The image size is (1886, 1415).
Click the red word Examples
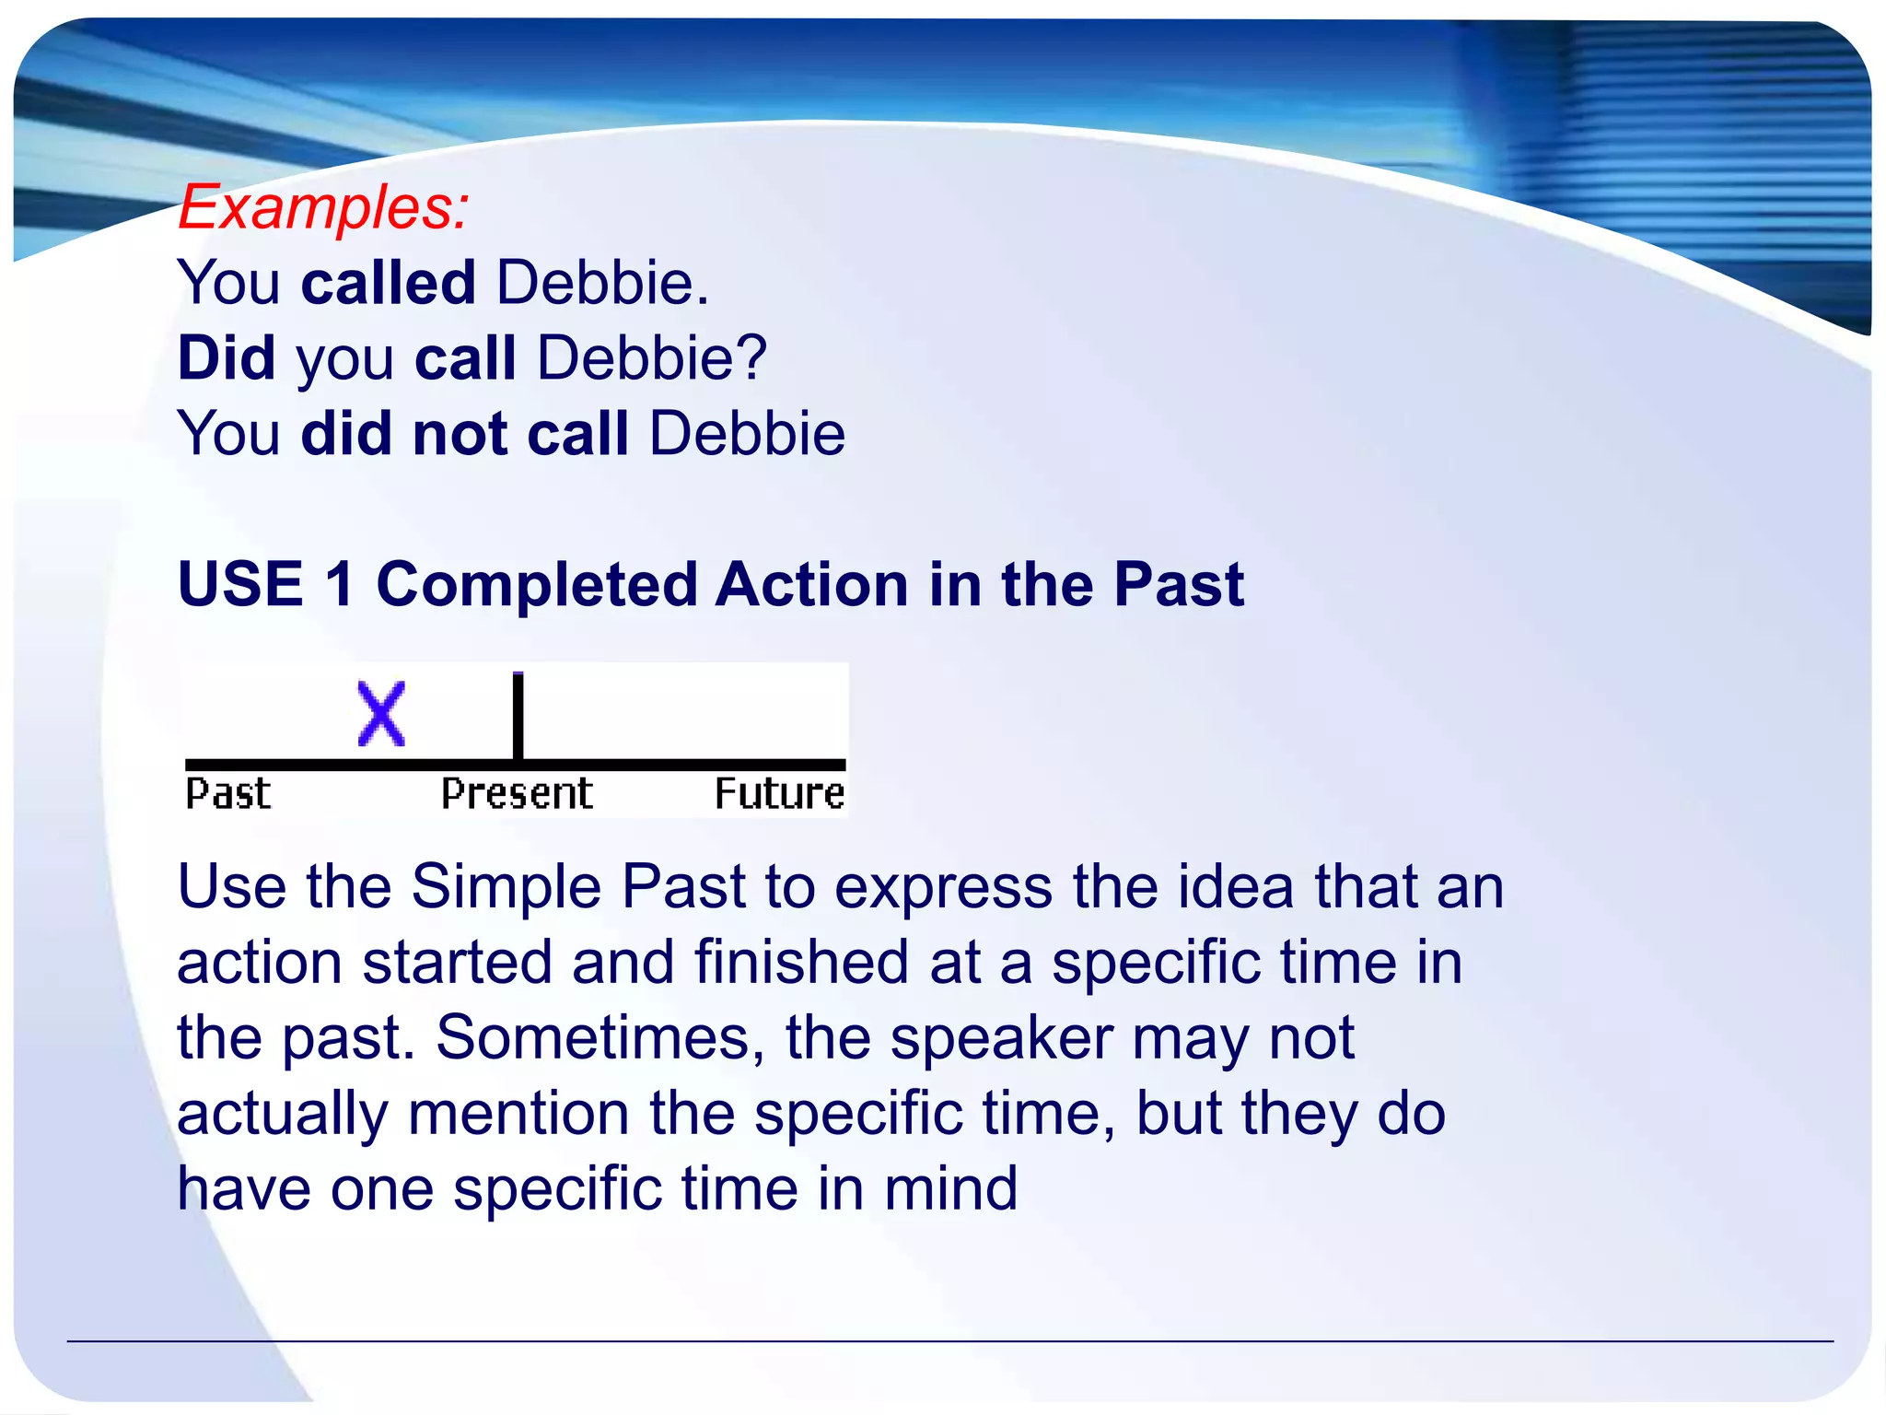coord(322,207)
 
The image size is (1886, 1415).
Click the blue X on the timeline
coord(381,714)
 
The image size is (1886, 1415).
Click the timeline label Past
coord(228,794)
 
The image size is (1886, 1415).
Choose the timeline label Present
coord(517,794)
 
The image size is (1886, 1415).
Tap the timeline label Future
coord(779,794)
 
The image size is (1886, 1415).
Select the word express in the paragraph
coord(943,887)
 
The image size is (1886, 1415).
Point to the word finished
coord(801,963)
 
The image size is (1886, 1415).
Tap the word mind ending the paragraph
coord(950,1188)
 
